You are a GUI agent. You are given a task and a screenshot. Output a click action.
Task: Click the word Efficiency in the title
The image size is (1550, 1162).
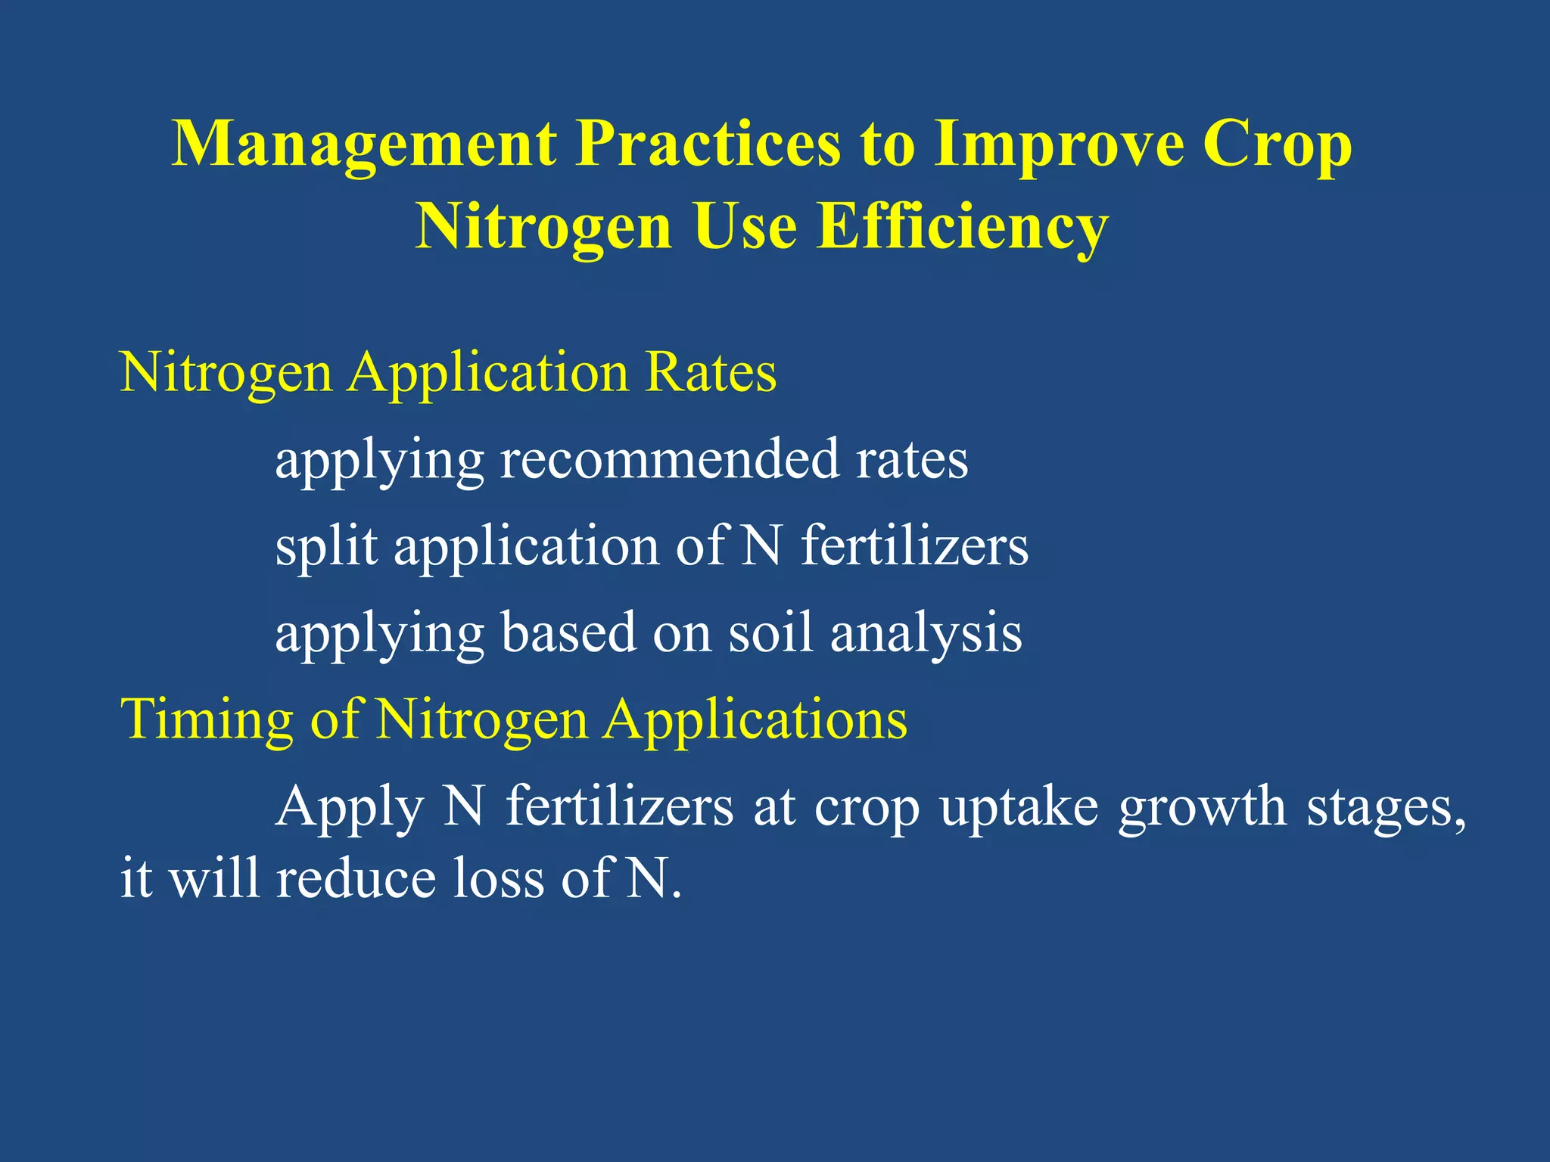coord(963,227)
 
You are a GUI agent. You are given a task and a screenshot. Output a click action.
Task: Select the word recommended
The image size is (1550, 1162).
coord(670,459)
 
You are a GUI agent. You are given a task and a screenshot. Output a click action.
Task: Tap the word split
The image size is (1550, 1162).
coord(326,546)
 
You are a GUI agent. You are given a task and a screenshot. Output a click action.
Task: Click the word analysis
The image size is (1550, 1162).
coord(926,634)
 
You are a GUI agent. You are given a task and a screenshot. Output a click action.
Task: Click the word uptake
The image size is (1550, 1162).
coord(1019,808)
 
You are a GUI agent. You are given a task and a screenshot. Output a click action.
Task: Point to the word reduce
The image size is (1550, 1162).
coord(356,879)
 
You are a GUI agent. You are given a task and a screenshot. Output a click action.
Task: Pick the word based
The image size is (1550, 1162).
coord(568,632)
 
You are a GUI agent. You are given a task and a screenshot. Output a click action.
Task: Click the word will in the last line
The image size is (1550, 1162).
coord(213,879)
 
